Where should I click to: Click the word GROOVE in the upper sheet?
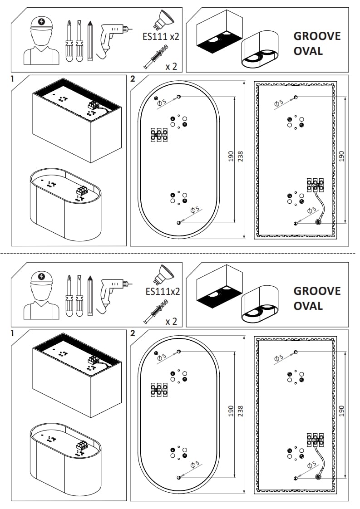point(316,36)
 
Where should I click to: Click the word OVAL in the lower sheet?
point(308,305)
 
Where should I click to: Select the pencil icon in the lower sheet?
point(90,295)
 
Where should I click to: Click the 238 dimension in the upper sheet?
point(241,157)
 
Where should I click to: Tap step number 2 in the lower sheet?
point(133,333)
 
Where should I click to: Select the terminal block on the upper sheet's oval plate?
point(159,134)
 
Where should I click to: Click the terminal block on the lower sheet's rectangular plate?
point(315,438)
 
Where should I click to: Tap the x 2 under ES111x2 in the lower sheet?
point(171,322)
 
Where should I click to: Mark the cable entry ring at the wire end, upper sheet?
point(317,222)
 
